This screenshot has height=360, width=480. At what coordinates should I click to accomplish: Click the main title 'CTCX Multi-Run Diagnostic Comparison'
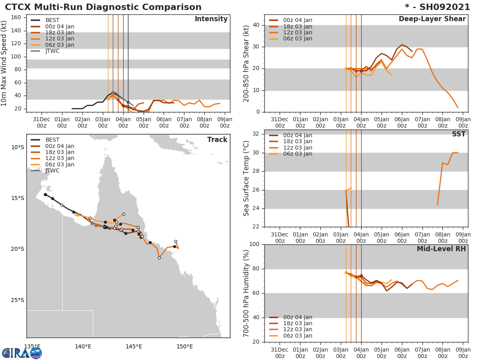coord(103,7)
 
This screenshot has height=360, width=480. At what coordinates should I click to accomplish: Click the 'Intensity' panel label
coord(211,19)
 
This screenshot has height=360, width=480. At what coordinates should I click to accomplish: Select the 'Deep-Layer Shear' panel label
coord(432,19)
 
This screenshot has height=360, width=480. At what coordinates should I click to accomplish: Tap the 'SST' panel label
coord(458,134)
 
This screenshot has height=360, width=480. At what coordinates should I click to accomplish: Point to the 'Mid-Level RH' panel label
coord(441,249)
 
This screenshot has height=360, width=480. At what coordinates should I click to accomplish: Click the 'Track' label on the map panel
coord(217,140)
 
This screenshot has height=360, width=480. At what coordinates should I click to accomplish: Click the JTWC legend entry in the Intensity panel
coord(52,51)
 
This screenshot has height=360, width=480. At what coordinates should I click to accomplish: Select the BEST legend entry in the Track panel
coord(52,140)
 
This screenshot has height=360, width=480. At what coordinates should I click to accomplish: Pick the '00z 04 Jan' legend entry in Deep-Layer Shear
coord(298,20)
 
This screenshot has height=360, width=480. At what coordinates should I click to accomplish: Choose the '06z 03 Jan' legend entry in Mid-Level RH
coord(298,336)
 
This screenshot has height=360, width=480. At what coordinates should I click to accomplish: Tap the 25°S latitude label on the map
coord(17,300)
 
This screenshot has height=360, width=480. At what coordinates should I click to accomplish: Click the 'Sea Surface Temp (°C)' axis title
coord(246,178)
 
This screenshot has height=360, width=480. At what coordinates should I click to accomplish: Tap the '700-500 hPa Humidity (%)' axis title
coord(246,293)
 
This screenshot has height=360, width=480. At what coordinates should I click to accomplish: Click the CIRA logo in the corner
coord(22,353)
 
